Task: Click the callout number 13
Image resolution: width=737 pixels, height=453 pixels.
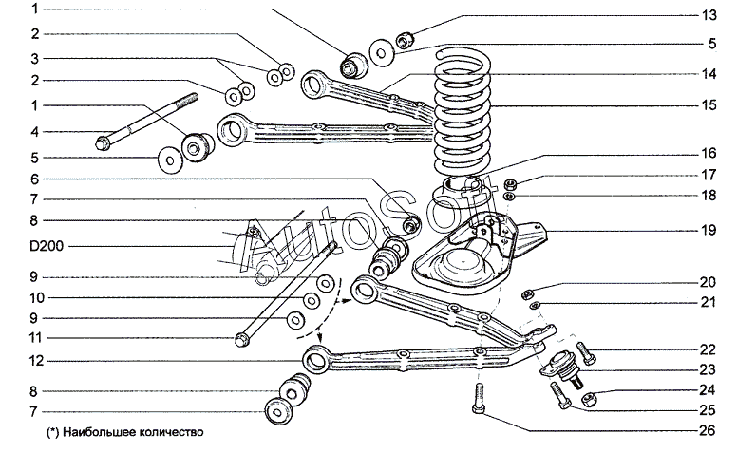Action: coord(709,15)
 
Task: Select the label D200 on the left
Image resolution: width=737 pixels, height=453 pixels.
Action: coord(47,246)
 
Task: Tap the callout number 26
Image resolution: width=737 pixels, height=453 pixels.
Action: coord(707,430)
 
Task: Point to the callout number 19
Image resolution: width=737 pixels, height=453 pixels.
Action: coord(709,230)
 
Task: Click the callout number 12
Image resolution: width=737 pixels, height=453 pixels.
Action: coord(36,361)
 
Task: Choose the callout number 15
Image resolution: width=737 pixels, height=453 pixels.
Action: coord(709,104)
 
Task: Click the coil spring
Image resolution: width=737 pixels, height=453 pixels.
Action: coord(463,113)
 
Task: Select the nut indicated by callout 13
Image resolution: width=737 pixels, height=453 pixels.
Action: coord(405,40)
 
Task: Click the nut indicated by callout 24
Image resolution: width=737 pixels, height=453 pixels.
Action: coord(589,400)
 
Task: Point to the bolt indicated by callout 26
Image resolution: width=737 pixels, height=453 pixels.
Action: coord(479,398)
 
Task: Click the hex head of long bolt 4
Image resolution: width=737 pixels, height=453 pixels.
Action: coord(102,142)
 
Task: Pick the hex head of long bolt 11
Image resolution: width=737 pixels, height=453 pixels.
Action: coord(241,340)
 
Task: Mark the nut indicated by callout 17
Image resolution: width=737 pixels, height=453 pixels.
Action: coord(511,183)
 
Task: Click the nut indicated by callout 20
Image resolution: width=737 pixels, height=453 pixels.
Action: coord(527,294)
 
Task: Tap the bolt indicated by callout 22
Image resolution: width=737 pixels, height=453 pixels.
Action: coord(586,353)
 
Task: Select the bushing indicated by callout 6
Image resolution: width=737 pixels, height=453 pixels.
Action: coord(411,223)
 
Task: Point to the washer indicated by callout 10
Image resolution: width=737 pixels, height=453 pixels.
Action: coord(312,301)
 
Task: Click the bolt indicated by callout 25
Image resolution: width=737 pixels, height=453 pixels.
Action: coord(560,395)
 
